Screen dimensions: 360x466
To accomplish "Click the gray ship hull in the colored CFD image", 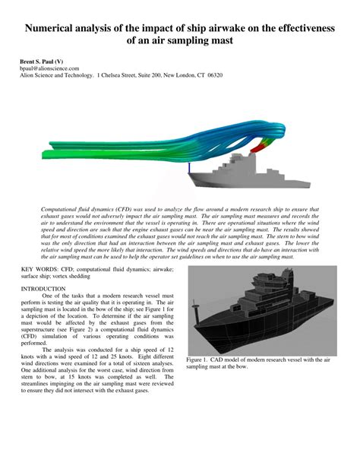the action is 220,179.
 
